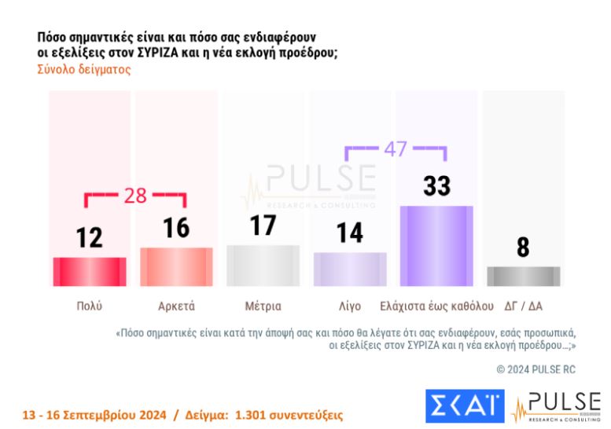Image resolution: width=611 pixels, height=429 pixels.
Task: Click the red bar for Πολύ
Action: coord(89,272)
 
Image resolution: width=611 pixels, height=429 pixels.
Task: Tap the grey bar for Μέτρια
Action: coord(263,266)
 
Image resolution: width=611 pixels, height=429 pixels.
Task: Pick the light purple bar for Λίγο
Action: coord(350,269)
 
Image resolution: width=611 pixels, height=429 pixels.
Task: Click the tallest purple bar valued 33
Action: coord(436,246)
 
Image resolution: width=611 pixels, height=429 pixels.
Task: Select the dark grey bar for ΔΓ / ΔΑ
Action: coord(523,277)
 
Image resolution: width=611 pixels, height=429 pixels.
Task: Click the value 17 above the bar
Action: coord(263,225)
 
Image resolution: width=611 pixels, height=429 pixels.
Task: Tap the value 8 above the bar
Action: coord(523,247)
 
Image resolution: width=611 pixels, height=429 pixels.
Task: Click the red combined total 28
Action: coord(135,196)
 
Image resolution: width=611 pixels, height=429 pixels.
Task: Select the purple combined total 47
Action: coord(395,149)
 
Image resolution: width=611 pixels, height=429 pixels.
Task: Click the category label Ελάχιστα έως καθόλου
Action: coord(436,306)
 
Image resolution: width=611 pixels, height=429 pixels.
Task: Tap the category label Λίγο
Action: coord(350,306)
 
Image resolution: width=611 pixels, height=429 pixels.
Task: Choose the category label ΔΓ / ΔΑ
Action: coord(523,306)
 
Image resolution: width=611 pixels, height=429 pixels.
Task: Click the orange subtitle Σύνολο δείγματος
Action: coord(83,69)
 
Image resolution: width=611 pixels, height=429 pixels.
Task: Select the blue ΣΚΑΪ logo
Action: coord(464,405)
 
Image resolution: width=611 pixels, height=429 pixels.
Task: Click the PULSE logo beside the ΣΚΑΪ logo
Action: coord(556,405)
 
